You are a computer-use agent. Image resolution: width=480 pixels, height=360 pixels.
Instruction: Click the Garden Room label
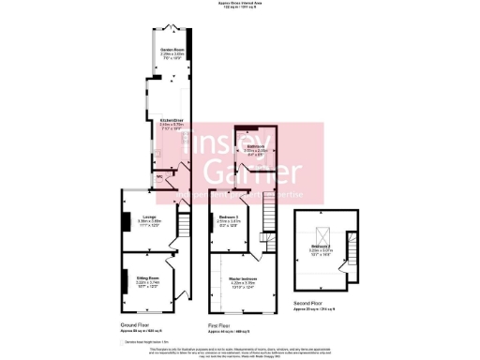[169, 49]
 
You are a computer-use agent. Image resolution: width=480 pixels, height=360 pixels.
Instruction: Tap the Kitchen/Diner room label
[170, 120]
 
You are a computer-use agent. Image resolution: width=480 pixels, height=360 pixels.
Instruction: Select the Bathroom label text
[256, 143]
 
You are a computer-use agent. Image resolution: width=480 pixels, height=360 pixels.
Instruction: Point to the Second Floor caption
[319, 303]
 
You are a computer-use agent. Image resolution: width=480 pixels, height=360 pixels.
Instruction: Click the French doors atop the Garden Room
[170, 29]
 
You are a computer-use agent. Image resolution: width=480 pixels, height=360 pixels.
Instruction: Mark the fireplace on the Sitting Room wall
[122, 281]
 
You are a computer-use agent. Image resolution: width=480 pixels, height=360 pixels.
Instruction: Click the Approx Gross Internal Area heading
[240, 4]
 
